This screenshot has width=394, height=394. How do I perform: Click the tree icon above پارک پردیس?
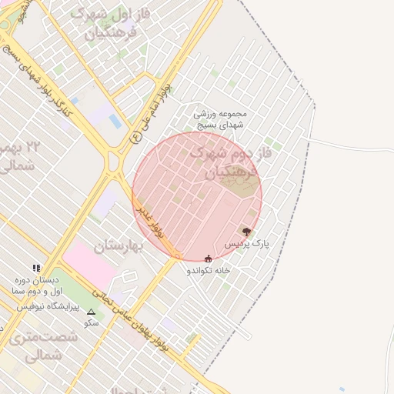coord(246,231)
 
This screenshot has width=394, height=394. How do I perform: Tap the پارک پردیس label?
coord(248,243)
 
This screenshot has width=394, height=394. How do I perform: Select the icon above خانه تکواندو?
coord(208,259)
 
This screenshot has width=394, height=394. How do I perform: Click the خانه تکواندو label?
coord(208,271)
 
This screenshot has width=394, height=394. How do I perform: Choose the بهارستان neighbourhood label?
coord(119,246)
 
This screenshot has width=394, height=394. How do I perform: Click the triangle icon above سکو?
coord(92,312)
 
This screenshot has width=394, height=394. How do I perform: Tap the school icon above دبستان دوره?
coord(36,268)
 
